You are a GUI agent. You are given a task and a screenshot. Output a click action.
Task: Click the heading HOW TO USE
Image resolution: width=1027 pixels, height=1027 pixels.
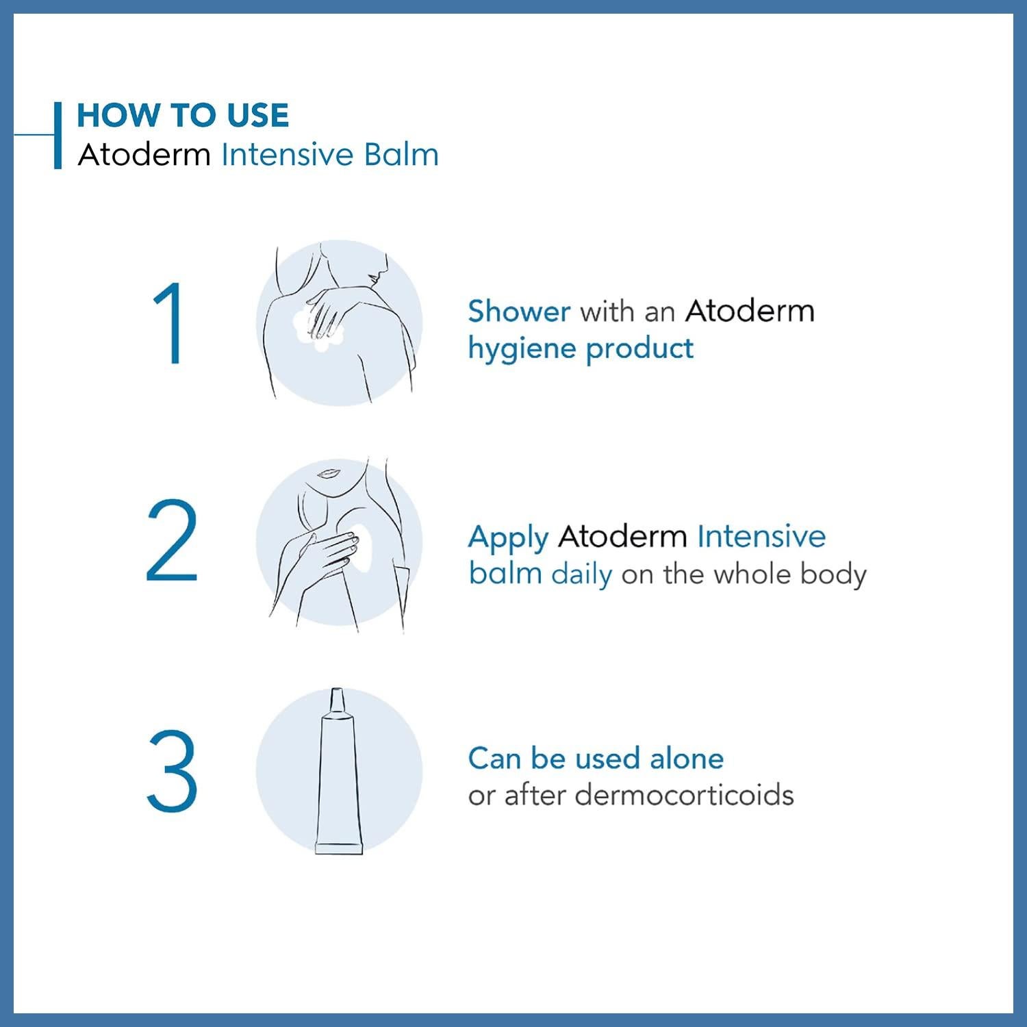tap(183, 115)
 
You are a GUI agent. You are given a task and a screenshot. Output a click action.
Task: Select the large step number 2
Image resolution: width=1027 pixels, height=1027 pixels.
tap(172, 541)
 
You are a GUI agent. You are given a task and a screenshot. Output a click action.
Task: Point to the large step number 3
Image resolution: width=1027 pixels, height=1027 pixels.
tap(172, 772)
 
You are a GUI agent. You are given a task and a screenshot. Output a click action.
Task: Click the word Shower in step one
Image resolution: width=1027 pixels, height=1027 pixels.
tap(519, 312)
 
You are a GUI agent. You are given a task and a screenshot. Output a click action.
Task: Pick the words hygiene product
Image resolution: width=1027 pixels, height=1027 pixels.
tap(581, 349)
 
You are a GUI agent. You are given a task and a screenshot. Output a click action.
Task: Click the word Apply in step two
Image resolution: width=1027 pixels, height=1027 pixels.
tap(508, 537)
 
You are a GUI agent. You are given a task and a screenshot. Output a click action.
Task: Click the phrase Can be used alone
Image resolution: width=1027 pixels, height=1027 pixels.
tap(596, 759)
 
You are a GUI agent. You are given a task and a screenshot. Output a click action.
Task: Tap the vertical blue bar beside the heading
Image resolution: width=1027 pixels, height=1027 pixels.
tap(58, 135)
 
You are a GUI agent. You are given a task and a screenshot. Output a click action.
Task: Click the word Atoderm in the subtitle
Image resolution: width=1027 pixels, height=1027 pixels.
tap(144, 155)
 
